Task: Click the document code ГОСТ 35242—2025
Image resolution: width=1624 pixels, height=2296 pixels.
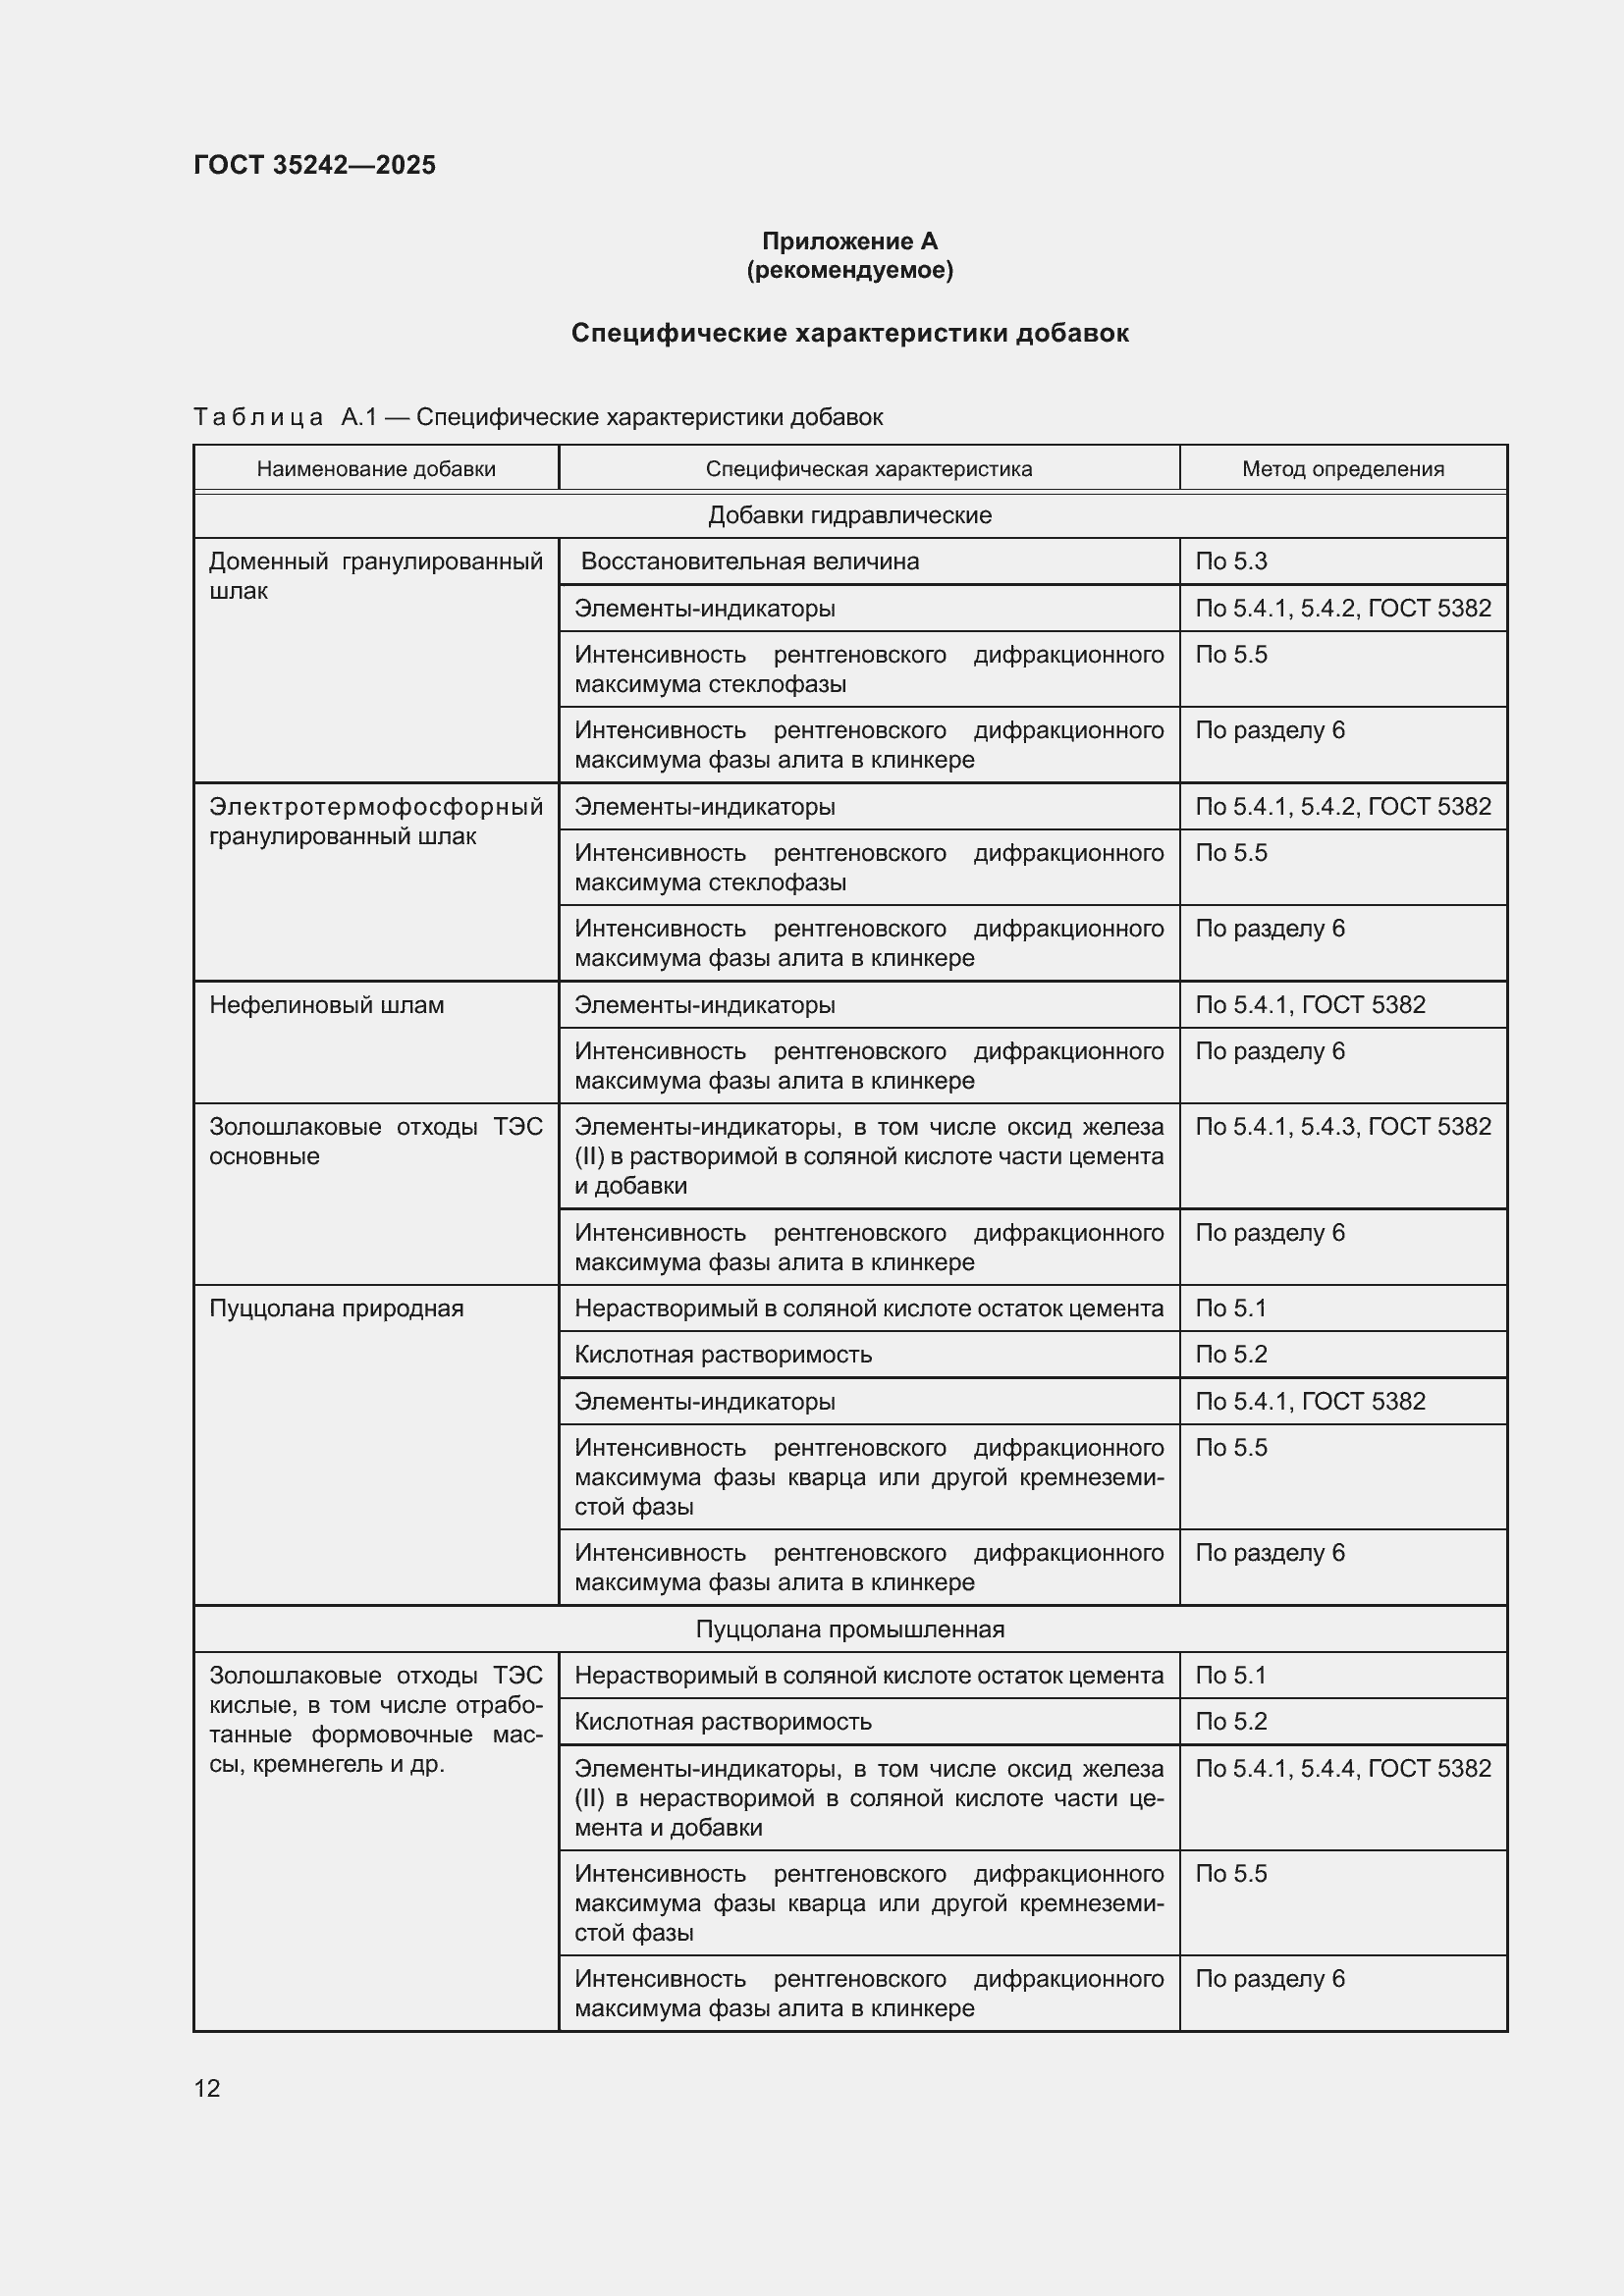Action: [x=314, y=165]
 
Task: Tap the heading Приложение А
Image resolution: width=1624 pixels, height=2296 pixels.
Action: [x=849, y=241]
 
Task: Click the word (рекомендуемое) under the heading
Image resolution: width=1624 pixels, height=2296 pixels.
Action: [x=849, y=270]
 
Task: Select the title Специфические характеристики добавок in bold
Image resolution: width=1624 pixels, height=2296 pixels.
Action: [x=849, y=333]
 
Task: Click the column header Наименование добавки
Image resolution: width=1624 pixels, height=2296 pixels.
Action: [x=376, y=469]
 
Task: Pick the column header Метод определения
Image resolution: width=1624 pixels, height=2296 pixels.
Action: [x=1342, y=469]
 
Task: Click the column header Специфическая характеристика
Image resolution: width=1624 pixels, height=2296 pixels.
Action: [x=868, y=469]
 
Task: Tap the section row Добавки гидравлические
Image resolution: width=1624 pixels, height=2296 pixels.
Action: [x=849, y=516]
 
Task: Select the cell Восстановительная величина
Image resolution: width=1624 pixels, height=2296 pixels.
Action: [x=749, y=562]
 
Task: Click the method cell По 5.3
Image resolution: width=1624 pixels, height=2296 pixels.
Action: [x=1231, y=562]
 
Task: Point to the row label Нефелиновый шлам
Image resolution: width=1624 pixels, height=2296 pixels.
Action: [x=326, y=1005]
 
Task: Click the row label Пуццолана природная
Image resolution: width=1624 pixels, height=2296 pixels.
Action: [x=336, y=1308]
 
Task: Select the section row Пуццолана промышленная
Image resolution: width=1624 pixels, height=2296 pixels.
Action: [x=849, y=1630]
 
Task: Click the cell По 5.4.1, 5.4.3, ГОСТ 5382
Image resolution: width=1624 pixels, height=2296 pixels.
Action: [x=1342, y=1127]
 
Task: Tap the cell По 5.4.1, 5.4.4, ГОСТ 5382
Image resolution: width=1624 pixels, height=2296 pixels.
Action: [x=1342, y=1769]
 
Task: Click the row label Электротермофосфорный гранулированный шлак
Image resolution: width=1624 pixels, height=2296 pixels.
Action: [x=376, y=821]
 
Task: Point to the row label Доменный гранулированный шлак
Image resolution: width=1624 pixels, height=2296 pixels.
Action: [x=376, y=576]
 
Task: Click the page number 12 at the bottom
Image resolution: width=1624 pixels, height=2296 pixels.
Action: [x=207, y=2089]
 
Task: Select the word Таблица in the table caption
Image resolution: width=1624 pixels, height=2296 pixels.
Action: [x=258, y=418]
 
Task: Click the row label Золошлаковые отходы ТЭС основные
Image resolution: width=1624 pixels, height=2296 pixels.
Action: [x=376, y=1141]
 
